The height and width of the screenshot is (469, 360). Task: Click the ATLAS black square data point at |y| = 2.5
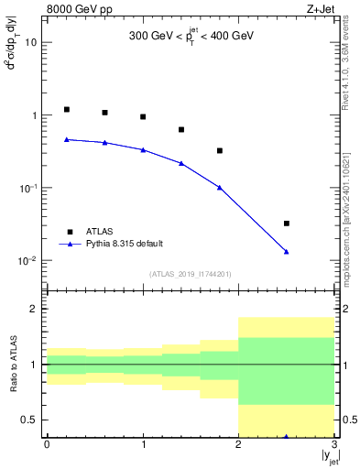point(287,224)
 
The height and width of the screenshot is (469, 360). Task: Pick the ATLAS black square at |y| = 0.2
point(66,109)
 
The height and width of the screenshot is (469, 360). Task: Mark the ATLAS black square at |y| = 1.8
point(220,150)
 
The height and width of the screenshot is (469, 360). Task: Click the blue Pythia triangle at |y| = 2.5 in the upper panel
point(287,252)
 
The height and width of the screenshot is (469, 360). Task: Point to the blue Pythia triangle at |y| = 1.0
point(143,149)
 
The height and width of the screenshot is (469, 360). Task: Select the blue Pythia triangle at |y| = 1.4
point(181,163)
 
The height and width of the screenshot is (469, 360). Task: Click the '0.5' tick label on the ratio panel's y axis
point(32,420)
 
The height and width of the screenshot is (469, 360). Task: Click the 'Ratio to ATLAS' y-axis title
point(13,365)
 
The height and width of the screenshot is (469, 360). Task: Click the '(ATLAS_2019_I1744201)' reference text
point(190,274)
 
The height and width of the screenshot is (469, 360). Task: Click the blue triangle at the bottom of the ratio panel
point(287,436)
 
